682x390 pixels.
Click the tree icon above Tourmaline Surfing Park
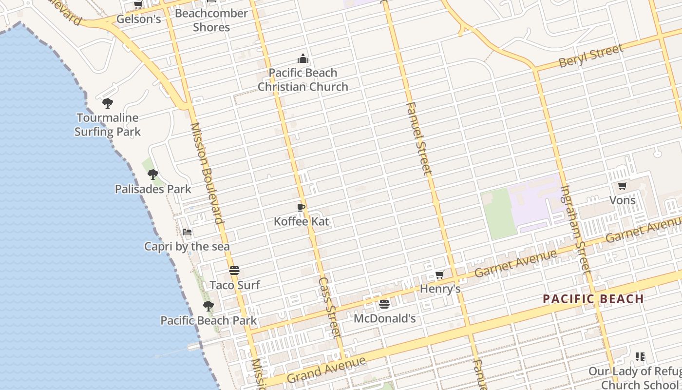(x=107, y=103)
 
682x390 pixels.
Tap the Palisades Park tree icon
(x=153, y=175)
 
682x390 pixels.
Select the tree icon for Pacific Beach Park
(x=208, y=306)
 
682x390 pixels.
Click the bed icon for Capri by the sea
(x=187, y=232)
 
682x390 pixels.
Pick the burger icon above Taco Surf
(x=234, y=271)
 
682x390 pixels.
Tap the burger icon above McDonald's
(x=384, y=304)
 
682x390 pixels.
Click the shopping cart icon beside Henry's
(x=439, y=275)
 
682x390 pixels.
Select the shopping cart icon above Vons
(x=622, y=186)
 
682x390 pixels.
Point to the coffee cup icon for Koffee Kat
(x=301, y=208)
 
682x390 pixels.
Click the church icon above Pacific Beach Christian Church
(x=303, y=59)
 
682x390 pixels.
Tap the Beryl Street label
(x=591, y=56)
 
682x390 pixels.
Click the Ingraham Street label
(x=575, y=229)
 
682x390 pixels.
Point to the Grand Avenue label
(x=326, y=370)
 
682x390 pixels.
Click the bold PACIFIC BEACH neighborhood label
(x=593, y=299)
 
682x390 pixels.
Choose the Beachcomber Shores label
(x=211, y=20)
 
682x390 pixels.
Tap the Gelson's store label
(x=139, y=19)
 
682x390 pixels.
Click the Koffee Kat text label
(x=302, y=222)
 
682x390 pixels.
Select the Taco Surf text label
(x=235, y=285)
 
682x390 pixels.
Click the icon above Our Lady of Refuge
(x=640, y=357)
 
